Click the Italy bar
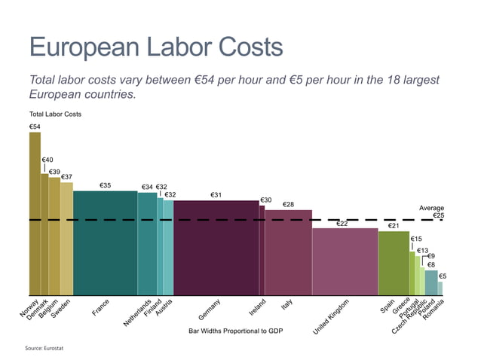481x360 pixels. click(x=288, y=252)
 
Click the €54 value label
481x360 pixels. click(x=35, y=127)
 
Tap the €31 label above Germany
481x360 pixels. click(x=216, y=195)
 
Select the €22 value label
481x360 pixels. click(x=342, y=223)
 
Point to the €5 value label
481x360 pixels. click(x=443, y=276)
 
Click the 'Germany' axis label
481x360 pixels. click(x=210, y=311)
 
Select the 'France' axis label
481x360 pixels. click(x=100, y=307)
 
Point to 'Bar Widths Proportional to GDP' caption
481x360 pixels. click(x=234, y=331)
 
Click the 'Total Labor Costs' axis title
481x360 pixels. click(x=55, y=114)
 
